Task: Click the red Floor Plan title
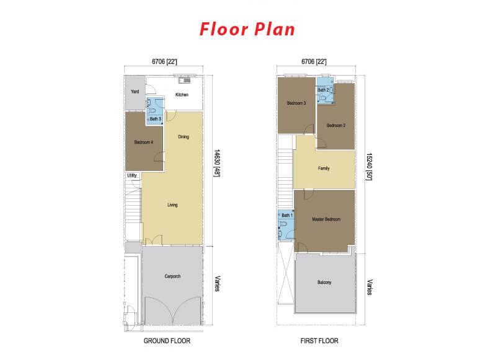(247, 29)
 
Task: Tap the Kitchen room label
(182, 95)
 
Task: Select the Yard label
(135, 92)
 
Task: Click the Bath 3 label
(156, 119)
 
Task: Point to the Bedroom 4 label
(144, 143)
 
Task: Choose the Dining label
(184, 137)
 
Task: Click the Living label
(172, 205)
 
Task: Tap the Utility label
(132, 175)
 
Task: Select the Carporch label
(172, 276)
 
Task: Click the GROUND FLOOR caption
(167, 341)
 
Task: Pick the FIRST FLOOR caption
(319, 341)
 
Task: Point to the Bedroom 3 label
(296, 103)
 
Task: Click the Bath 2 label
(323, 90)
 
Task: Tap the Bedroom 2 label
(336, 126)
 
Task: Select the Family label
(324, 169)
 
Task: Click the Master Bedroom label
(326, 219)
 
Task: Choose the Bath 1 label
(287, 215)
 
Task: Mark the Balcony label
(324, 283)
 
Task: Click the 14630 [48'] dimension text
(216, 163)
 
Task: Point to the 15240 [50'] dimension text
(369, 167)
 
